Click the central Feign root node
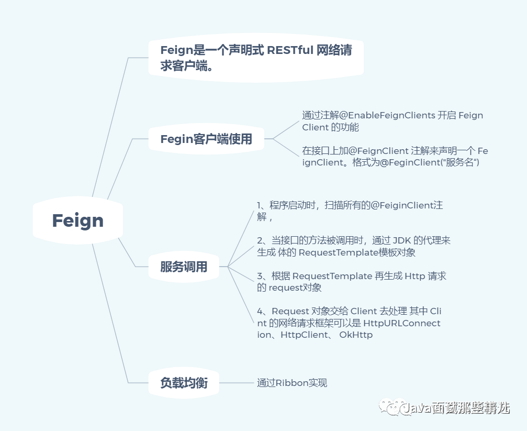click(x=77, y=220)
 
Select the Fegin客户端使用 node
click(x=206, y=139)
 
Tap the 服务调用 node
click(x=183, y=267)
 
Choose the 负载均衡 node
click(x=183, y=383)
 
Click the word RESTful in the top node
click(x=290, y=50)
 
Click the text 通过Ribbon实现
click(x=291, y=383)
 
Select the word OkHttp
click(x=356, y=335)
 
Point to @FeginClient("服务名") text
click(x=429, y=162)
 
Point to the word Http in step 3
click(x=415, y=276)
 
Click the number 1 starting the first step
click(x=260, y=205)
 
